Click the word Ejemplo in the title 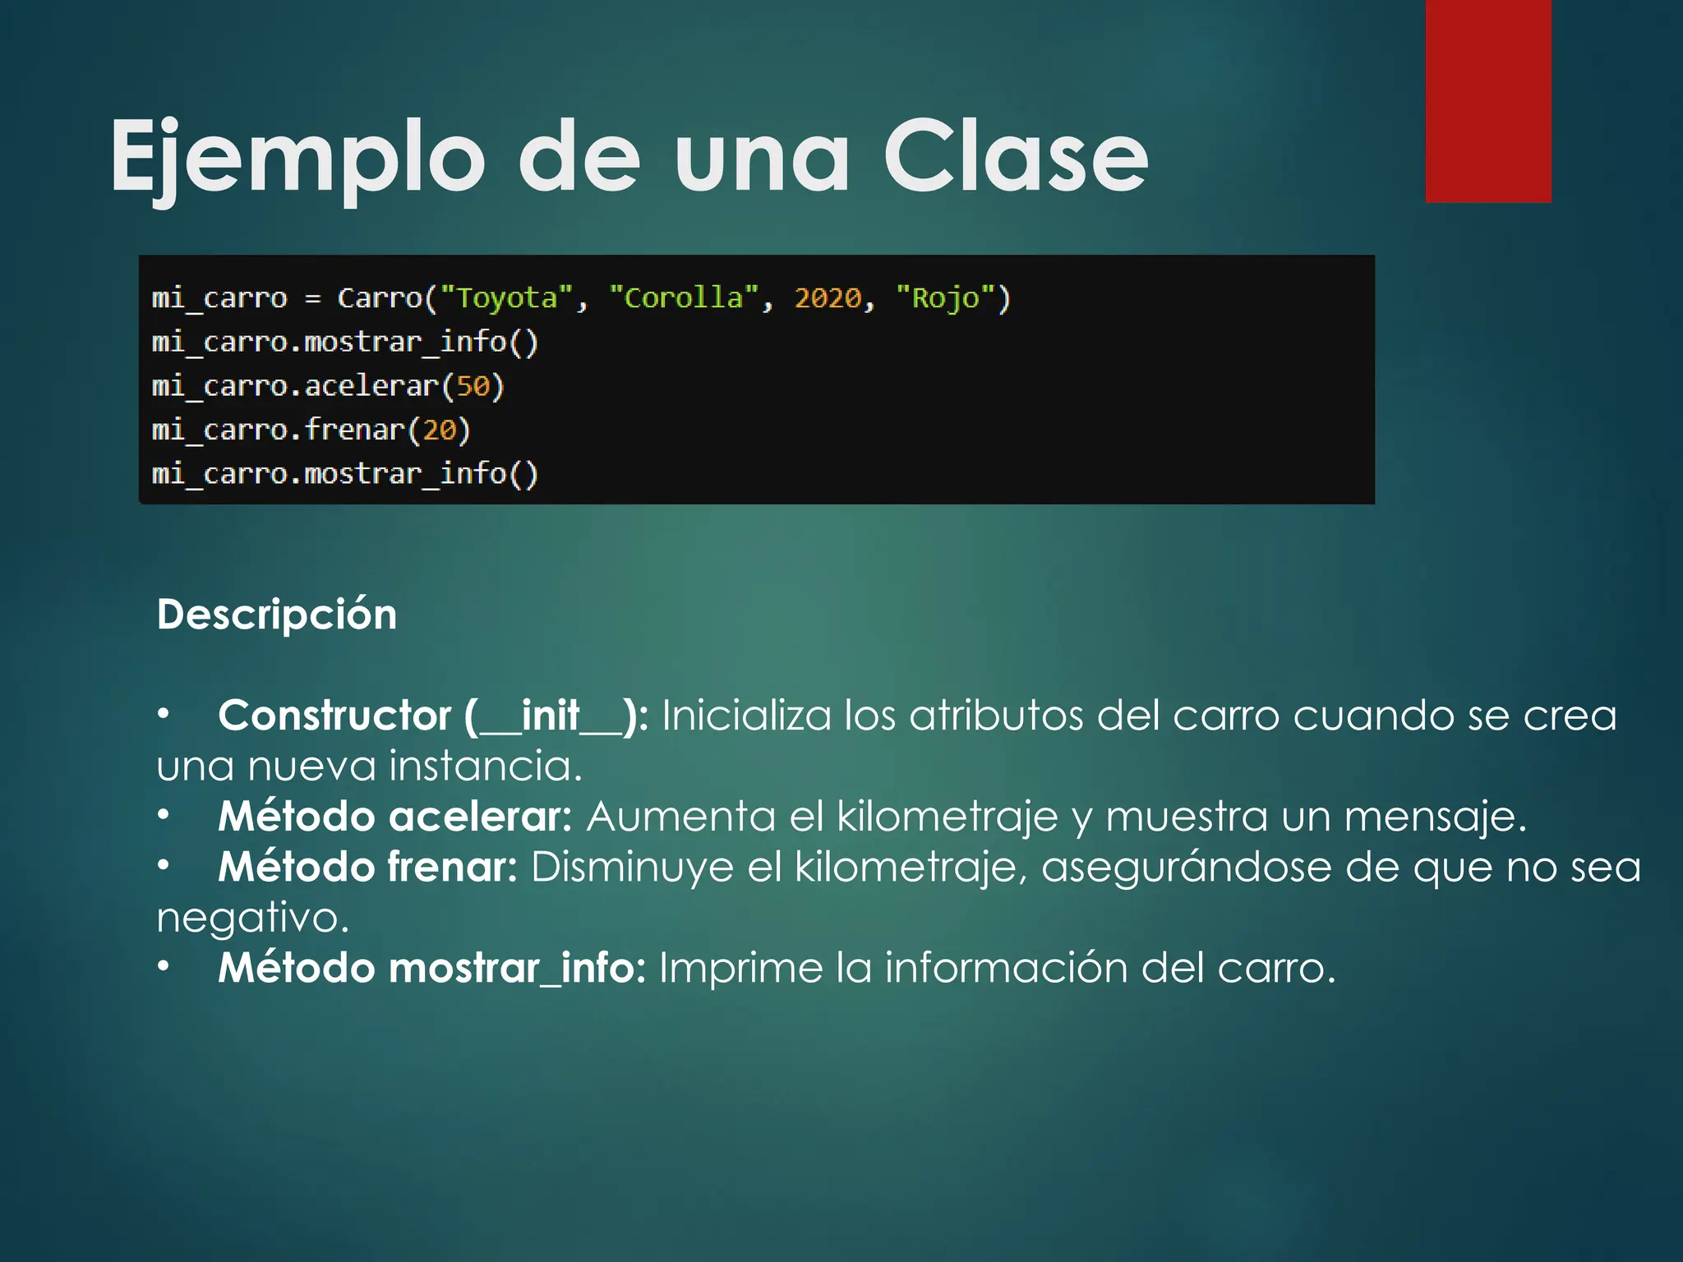pyautogui.click(x=297, y=156)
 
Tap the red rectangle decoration pyautogui.click(x=1487, y=100)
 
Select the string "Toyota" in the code pyautogui.click(x=506, y=297)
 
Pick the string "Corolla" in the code pyautogui.click(x=683, y=297)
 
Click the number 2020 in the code pyautogui.click(x=828, y=297)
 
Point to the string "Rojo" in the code pyautogui.click(x=945, y=297)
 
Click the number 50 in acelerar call pyautogui.click(x=473, y=386)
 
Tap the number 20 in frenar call pyautogui.click(x=439, y=430)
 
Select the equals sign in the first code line pyautogui.click(x=312, y=298)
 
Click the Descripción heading pyautogui.click(x=277, y=615)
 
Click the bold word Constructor pyautogui.click(x=334, y=716)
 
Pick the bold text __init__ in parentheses pyautogui.click(x=551, y=716)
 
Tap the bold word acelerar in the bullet pyautogui.click(x=479, y=817)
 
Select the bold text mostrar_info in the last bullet pyautogui.click(x=516, y=968)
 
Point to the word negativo pyautogui.click(x=252, y=918)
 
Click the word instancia pyautogui.click(x=485, y=766)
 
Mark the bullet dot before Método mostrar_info pyautogui.click(x=164, y=966)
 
